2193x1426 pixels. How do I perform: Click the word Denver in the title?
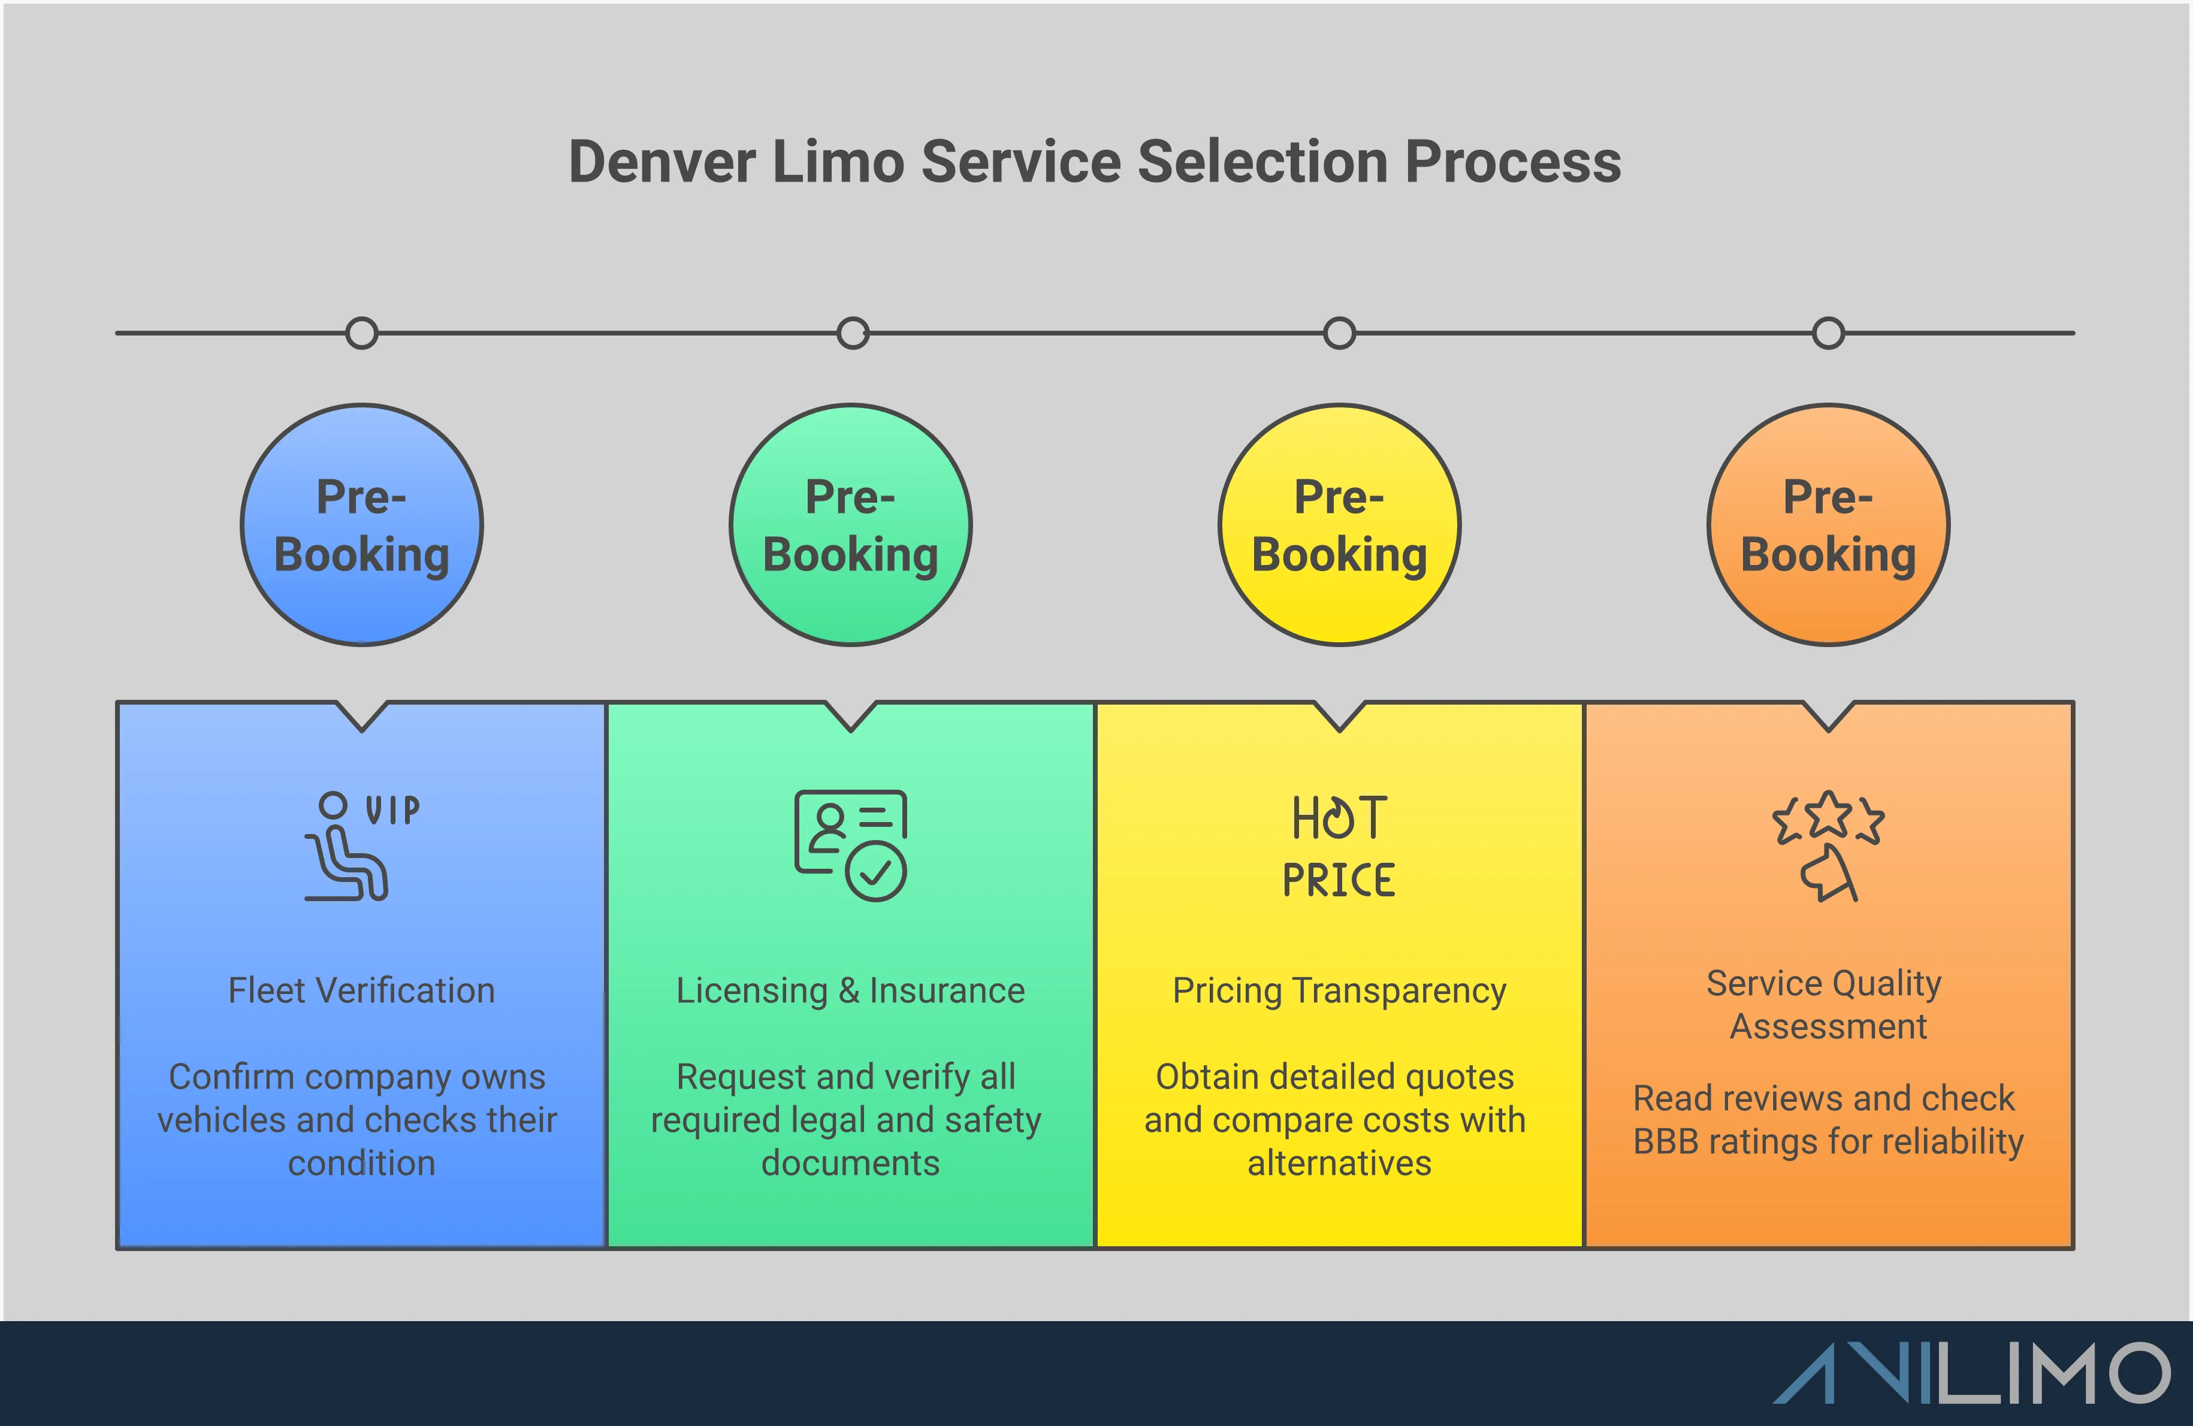pos(661,162)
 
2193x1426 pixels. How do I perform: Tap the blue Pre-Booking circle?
pos(361,525)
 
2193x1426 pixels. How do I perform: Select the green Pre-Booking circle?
pos(850,525)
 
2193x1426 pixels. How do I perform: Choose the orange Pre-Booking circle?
pos(1828,525)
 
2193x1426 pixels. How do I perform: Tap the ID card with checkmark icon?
pos(850,845)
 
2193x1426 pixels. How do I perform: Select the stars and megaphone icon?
pos(1828,845)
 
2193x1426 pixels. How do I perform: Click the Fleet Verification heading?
pos(361,990)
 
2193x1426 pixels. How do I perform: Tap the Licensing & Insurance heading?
pos(850,990)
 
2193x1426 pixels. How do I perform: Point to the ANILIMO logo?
pos(1972,1373)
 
